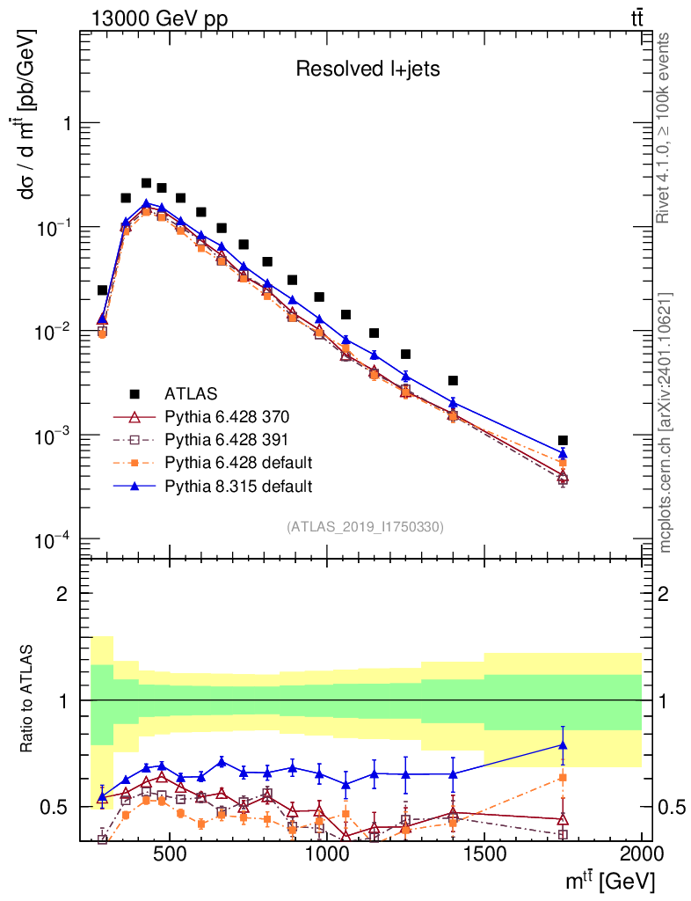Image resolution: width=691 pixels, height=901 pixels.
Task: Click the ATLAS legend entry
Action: point(191,392)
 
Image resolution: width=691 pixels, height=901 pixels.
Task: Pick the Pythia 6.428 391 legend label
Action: point(227,438)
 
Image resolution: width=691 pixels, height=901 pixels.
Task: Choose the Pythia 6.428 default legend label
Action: point(239,462)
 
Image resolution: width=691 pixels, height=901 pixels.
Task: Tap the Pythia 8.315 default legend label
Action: point(239,485)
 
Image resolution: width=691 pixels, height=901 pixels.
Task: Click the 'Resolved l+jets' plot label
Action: point(367,70)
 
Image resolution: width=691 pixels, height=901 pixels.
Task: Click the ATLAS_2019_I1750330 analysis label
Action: point(365,527)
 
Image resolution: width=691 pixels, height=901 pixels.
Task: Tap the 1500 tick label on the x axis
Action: point(484,854)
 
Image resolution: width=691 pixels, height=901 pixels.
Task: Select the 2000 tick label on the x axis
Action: point(641,854)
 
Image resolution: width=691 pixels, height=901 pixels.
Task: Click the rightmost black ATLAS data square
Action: point(563,440)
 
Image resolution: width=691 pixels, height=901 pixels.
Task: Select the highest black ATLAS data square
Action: point(146,183)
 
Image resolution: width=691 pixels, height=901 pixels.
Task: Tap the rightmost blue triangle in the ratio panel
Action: point(563,745)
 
